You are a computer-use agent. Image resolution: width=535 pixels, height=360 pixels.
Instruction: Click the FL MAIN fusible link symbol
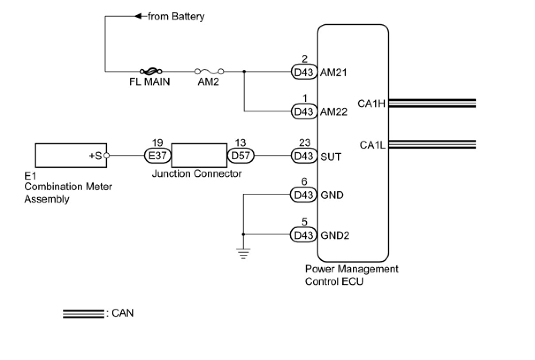pyautogui.click(x=150, y=71)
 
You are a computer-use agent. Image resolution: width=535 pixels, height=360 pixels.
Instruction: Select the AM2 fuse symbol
pyautogui.click(x=209, y=71)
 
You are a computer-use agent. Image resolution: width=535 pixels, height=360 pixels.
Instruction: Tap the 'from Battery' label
pyautogui.click(x=176, y=17)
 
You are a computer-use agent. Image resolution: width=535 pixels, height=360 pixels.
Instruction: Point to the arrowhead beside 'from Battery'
pyautogui.click(x=138, y=17)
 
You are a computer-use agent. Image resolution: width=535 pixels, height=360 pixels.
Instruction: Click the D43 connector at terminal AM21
pyautogui.click(x=304, y=72)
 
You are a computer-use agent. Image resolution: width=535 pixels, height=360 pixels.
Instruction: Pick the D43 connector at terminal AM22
pyautogui.click(x=304, y=111)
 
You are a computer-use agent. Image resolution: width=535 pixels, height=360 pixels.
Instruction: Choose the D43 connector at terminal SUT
pyautogui.click(x=304, y=156)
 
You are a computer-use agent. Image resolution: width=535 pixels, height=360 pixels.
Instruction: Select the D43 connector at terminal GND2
pyautogui.click(x=304, y=234)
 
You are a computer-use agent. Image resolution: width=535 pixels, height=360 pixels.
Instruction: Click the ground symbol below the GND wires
pyautogui.click(x=243, y=253)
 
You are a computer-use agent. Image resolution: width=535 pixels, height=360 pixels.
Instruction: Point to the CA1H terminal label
pyautogui.click(x=372, y=104)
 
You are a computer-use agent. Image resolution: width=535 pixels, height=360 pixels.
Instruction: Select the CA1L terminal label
pyautogui.click(x=372, y=145)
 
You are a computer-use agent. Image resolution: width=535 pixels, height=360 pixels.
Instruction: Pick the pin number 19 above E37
pyautogui.click(x=157, y=143)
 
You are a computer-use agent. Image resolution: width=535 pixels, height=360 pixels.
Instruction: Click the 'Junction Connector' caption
pyautogui.click(x=197, y=173)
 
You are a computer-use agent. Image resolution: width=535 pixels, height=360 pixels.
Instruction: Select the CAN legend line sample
pyautogui.click(x=83, y=314)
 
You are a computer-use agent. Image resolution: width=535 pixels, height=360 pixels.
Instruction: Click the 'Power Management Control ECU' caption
pyautogui.click(x=351, y=275)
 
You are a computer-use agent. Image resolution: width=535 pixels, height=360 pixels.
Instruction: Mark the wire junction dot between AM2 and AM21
pyautogui.click(x=244, y=71)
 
